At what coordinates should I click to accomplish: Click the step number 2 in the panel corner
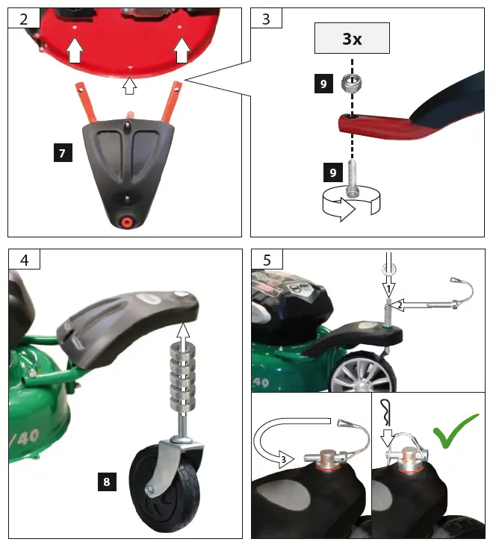[23, 18]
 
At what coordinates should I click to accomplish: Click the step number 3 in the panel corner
[266, 18]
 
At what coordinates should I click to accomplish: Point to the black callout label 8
[107, 482]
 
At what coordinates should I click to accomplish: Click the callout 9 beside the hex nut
[323, 84]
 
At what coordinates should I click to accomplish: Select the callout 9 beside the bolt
[332, 173]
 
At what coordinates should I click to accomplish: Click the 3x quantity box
[352, 38]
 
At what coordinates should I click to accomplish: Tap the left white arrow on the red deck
[74, 52]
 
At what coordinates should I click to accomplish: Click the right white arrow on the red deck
[181, 51]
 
